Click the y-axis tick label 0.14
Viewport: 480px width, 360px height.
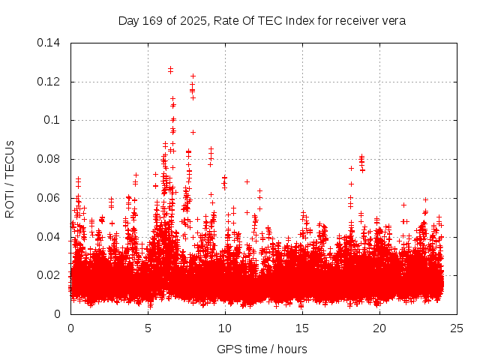tap(51, 43)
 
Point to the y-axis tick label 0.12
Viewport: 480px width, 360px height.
tap(51, 82)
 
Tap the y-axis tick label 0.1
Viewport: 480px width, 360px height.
tap(54, 120)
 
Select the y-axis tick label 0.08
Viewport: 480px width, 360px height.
tap(51, 159)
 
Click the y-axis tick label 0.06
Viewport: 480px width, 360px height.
tap(51, 198)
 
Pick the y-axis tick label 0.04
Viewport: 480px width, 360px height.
tap(51, 237)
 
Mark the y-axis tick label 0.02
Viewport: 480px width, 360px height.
tap(51, 275)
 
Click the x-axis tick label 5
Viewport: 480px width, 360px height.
tap(148, 328)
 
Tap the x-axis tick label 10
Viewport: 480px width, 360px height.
tap(225, 328)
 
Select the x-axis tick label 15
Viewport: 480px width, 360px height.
tap(302, 328)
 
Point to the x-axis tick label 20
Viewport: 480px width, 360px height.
tap(379, 328)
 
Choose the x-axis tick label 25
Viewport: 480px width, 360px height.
tap(457, 328)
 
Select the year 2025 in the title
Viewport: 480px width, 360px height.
tap(190, 21)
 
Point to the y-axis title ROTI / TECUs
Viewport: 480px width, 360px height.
tap(10, 178)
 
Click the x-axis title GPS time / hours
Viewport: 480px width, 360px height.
tap(262, 349)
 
